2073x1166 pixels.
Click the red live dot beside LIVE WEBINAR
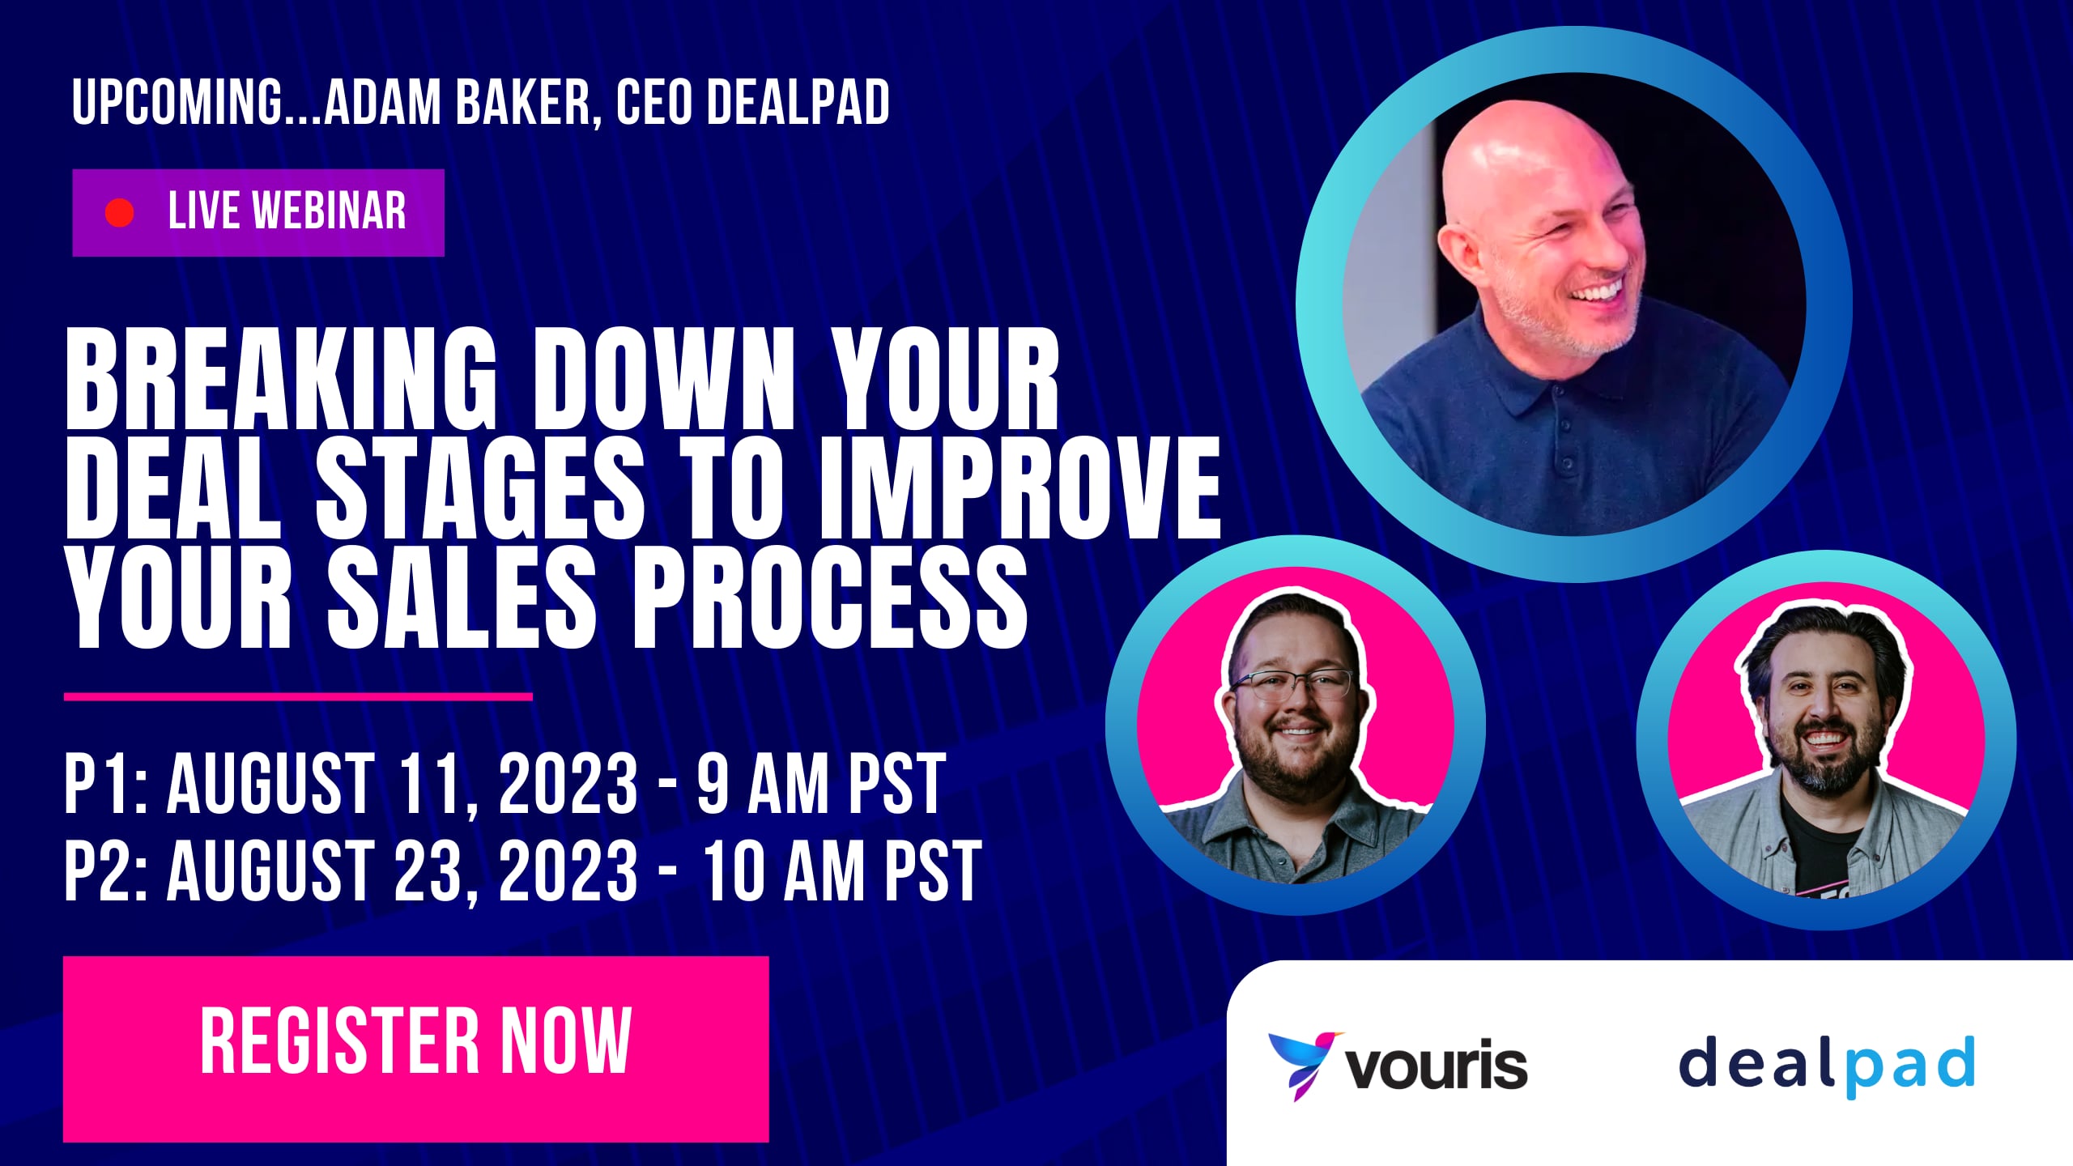(120, 213)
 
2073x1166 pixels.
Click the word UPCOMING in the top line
(177, 103)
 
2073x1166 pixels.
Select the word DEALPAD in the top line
(798, 103)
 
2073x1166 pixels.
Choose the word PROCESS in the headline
(830, 598)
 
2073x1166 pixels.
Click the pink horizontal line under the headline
(298, 696)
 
